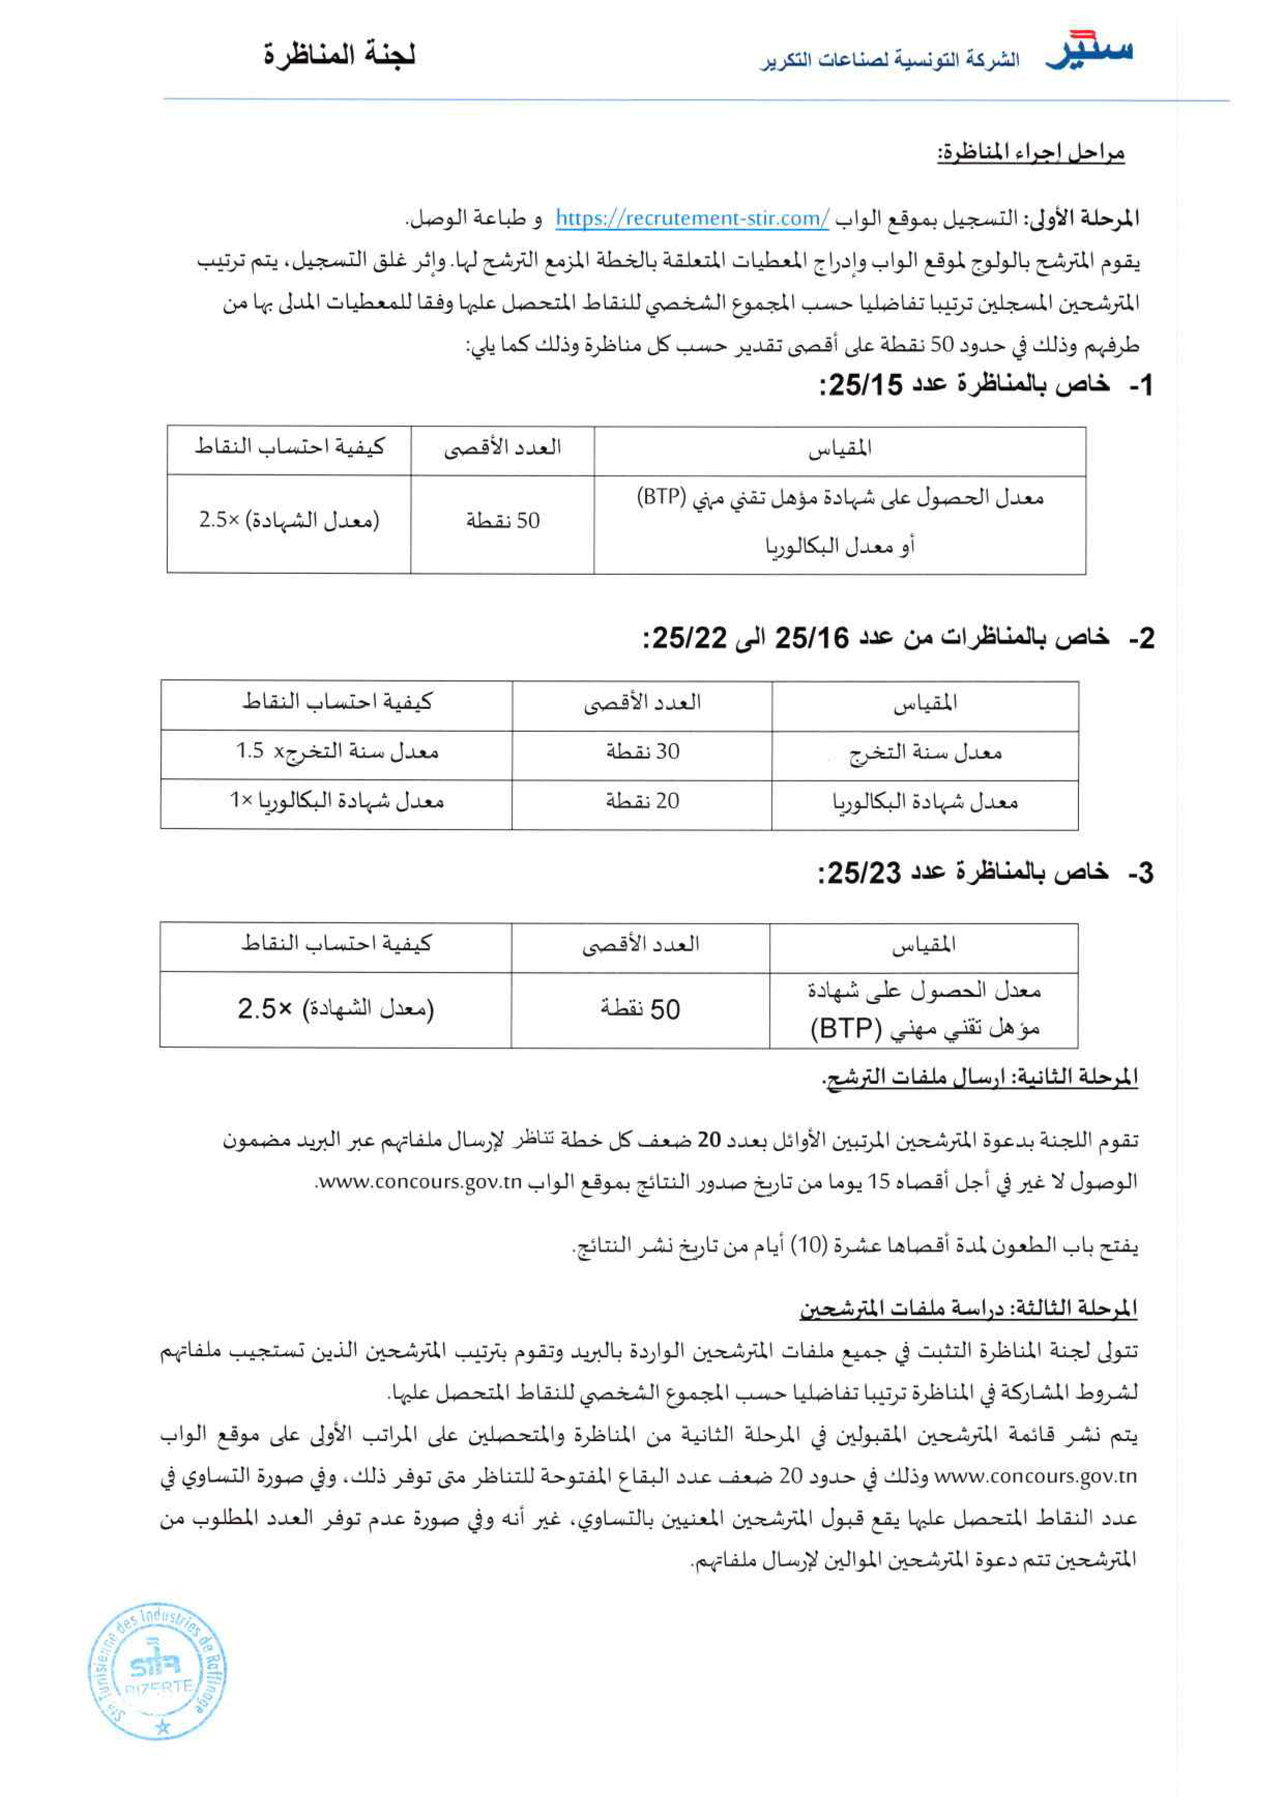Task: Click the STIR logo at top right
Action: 1089,51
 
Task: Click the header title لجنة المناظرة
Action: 340,56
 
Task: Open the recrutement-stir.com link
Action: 692,219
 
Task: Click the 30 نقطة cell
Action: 642,751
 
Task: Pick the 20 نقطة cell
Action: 642,801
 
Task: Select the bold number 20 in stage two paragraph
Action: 708,1140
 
